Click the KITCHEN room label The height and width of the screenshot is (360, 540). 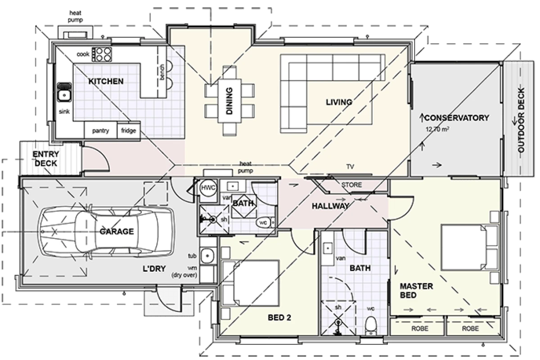pyautogui.click(x=106, y=81)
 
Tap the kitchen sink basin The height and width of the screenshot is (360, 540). pyautogui.click(x=64, y=95)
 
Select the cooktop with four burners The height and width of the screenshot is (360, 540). pyautogui.click(x=101, y=54)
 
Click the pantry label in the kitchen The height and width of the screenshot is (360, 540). pyautogui.click(x=101, y=131)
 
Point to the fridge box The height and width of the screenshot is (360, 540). pyautogui.click(x=128, y=131)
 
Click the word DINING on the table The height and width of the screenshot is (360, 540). pyautogui.click(x=229, y=101)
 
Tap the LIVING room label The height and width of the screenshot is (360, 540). pyautogui.click(x=339, y=102)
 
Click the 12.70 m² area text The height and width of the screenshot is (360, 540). pyautogui.click(x=438, y=129)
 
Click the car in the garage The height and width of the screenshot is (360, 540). pyautogui.click(x=106, y=231)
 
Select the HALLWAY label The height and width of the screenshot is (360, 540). pyautogui.click(x=331, y=206)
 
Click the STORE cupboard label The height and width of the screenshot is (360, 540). pyautogui.click(x=351, y=185)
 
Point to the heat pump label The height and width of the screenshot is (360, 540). pyautogui.click(x=245, y=167)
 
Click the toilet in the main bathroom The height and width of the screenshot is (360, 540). pyautogui.click(x=371, y=325)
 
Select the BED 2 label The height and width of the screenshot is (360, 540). pyautogui.click(x=279, y=318)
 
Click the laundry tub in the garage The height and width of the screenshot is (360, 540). pyautogui.click(x=207, y=256)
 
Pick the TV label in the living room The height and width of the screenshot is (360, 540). pyautogui.click(x=350, y=167)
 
